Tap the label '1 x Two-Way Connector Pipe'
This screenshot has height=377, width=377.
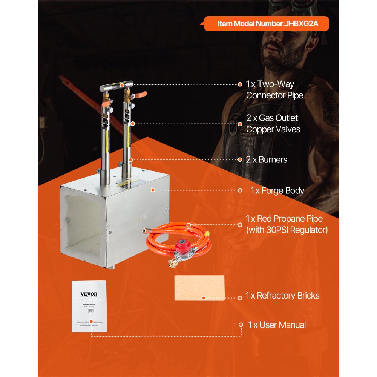tap(274, 90)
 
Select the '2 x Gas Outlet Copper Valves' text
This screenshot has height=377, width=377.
tap(273, 124)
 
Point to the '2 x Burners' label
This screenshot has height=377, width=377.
tap(267, 159)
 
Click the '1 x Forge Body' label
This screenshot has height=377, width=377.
tap(277, 190)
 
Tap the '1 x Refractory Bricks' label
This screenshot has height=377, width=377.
tap(282, 296)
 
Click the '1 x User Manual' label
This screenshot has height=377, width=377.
tap(277, 325)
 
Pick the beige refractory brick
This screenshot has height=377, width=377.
tap(199, 288)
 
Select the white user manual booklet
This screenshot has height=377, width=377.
tap(89, 306)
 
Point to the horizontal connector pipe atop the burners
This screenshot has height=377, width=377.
tap(117, 86)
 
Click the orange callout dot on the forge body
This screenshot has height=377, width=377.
tap(153, 190)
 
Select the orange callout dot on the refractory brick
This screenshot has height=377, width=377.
tap(204, 298)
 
